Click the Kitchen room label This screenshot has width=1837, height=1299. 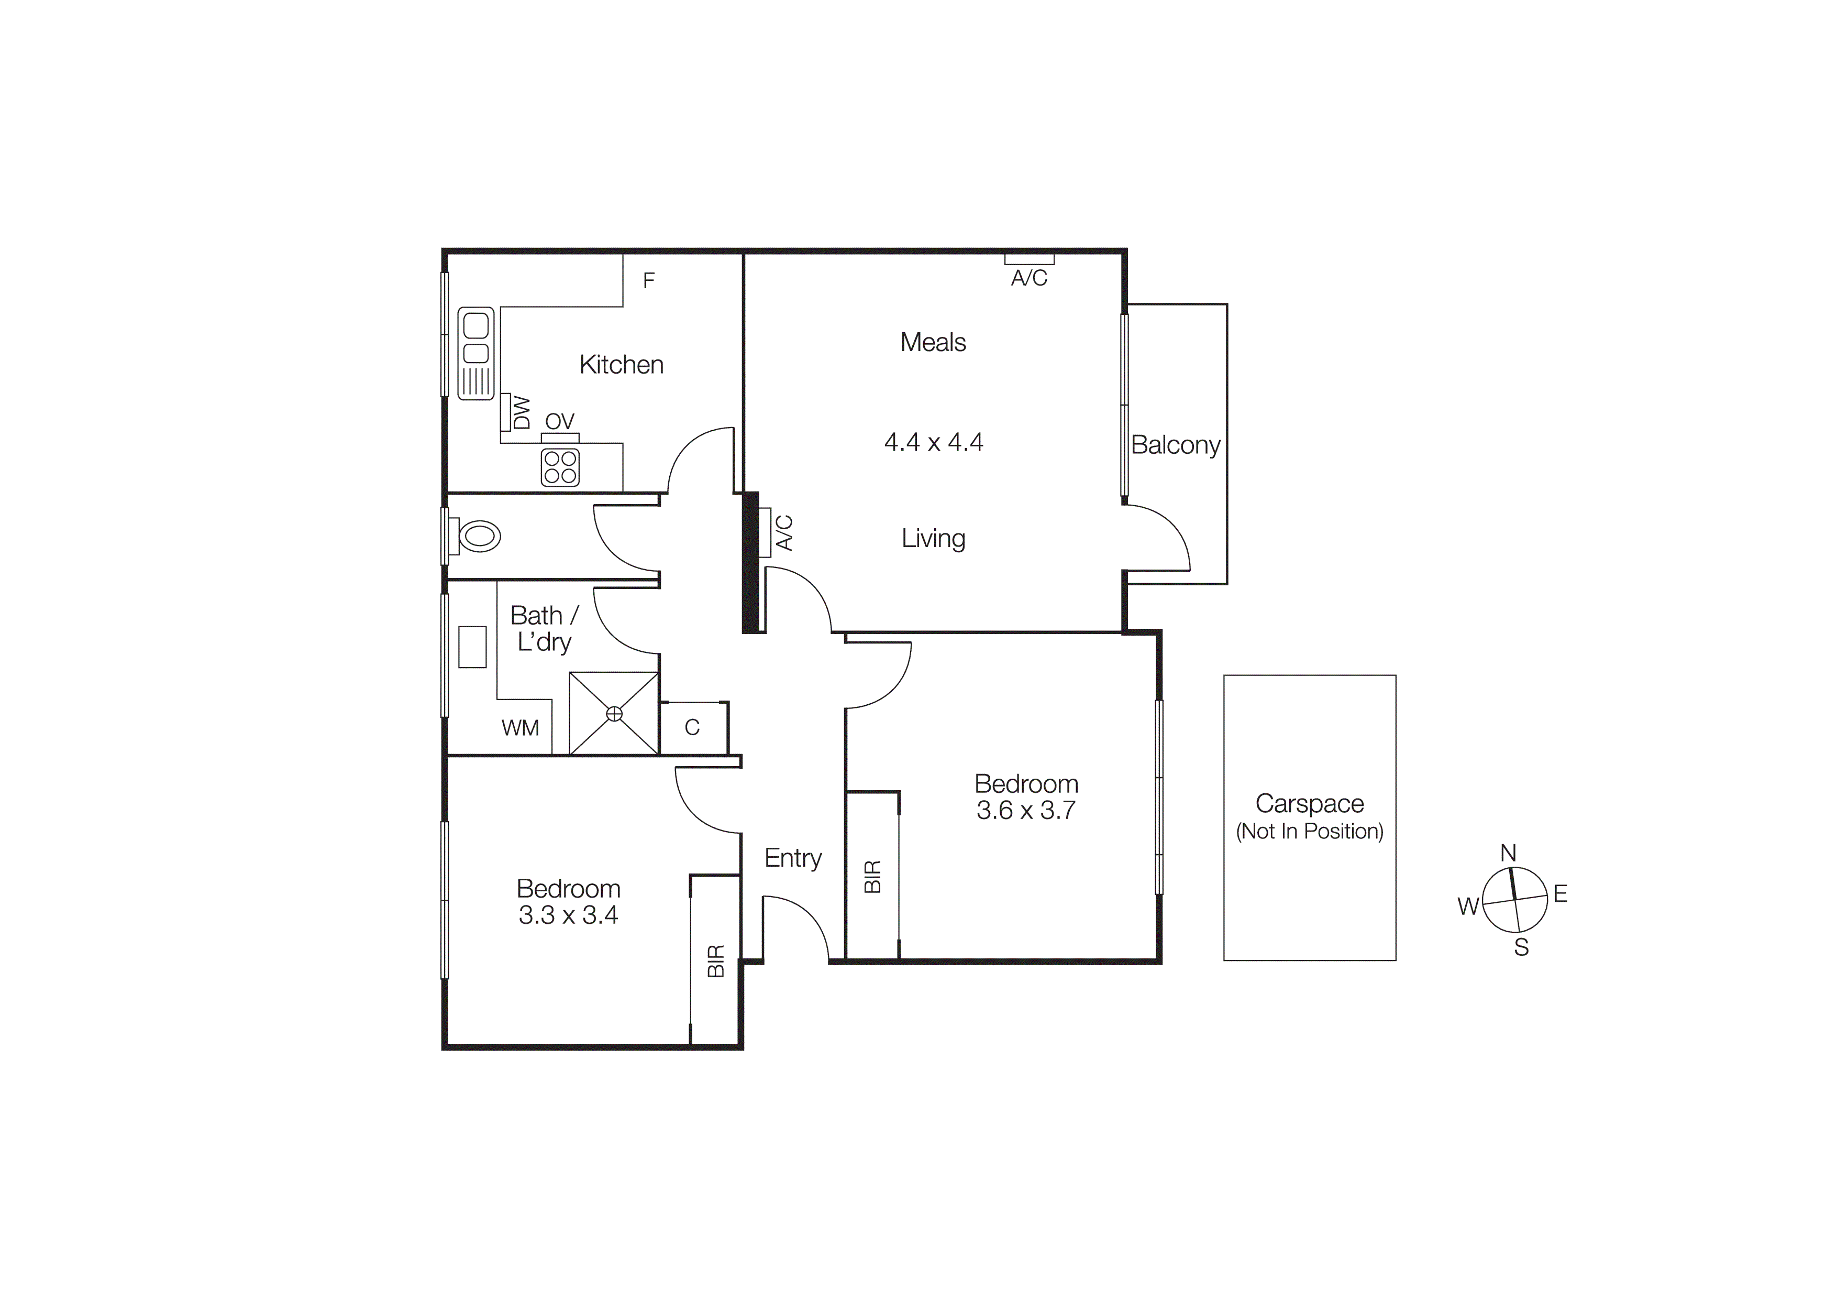point(621,365)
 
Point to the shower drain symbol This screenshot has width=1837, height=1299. point(614,713)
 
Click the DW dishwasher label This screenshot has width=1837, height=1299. point(521,412)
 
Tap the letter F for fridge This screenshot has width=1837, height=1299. point(649,280)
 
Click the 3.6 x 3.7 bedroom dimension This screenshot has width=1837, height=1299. point(1026,810)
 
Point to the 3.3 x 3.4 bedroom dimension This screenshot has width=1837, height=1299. point(568,915)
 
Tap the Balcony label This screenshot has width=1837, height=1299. point(1175,445)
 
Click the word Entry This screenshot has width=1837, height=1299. point(793,858)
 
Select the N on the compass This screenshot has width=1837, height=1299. point(1508,853)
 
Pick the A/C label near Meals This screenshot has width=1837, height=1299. point(1029,278)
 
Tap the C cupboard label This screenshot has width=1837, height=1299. point(692,727)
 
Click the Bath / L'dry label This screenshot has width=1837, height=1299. point(544,628)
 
